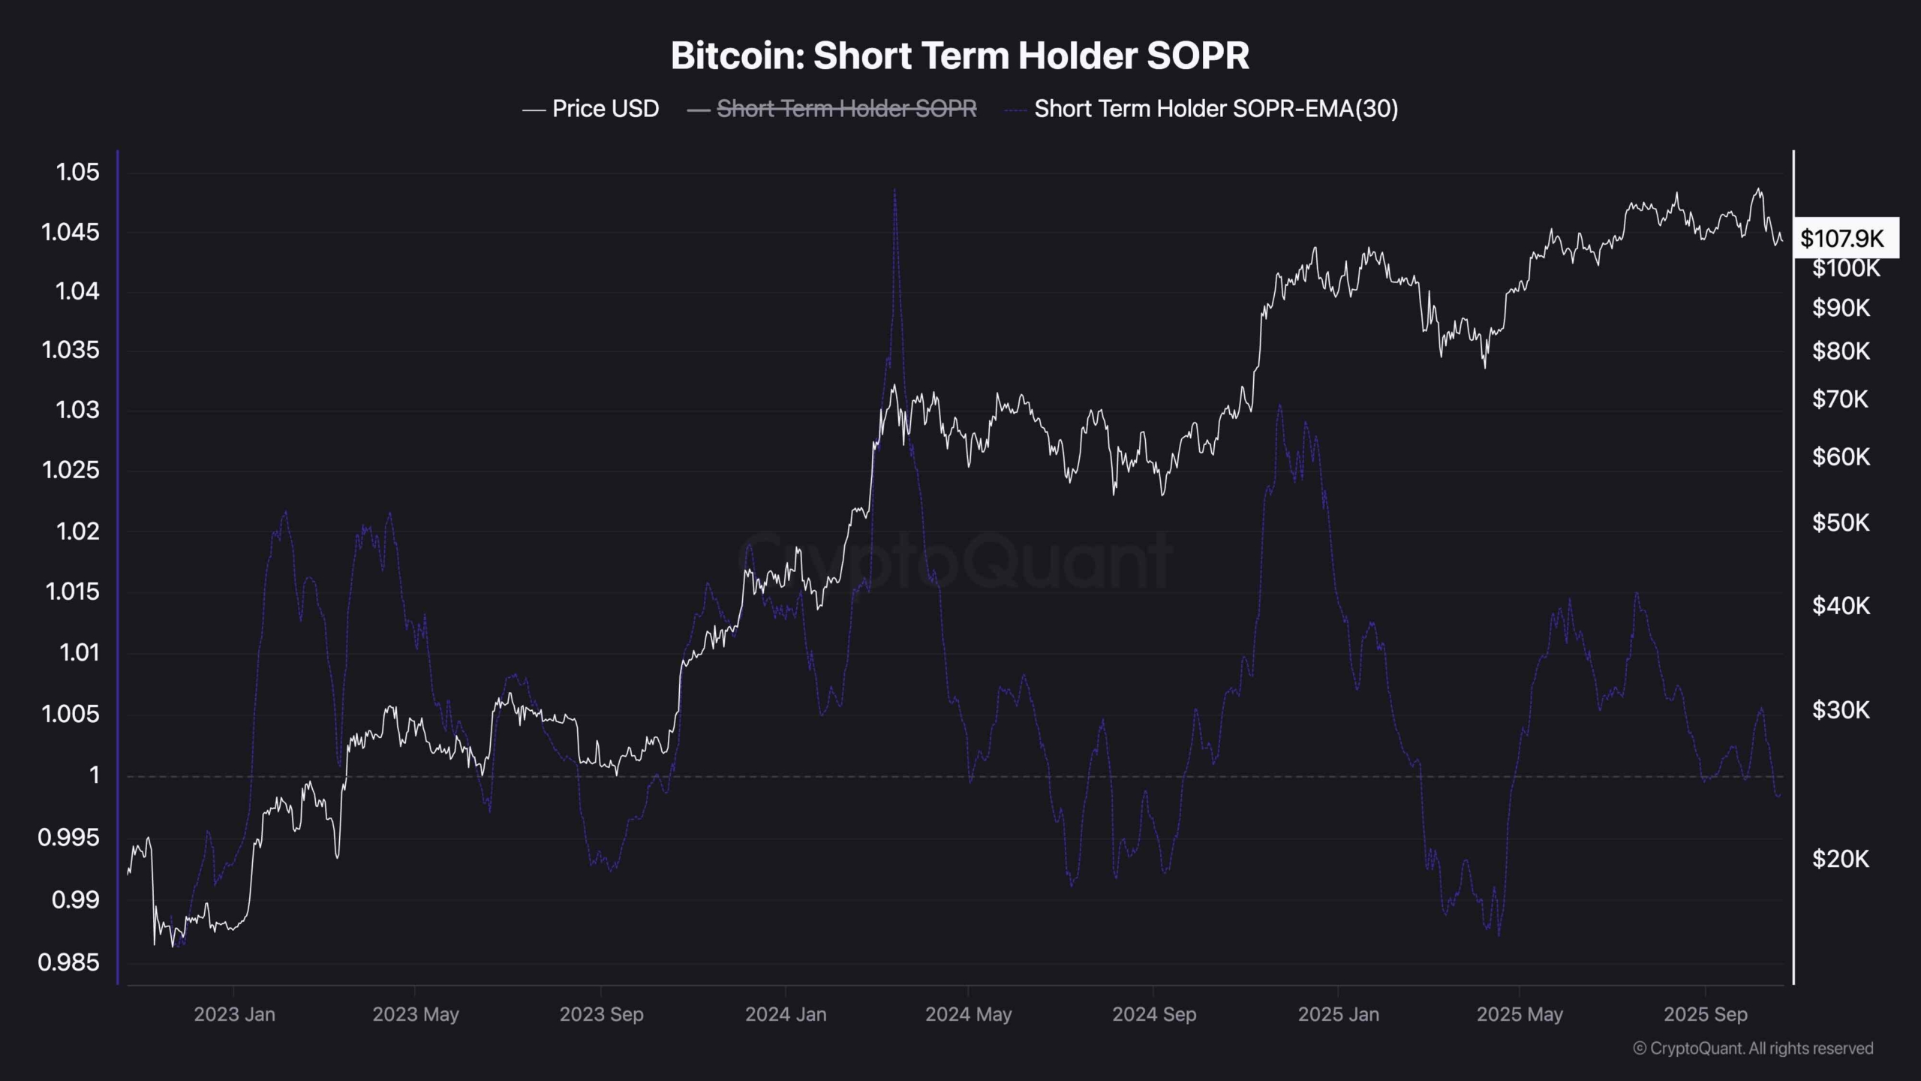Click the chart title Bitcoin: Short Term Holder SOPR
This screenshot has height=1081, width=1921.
960,56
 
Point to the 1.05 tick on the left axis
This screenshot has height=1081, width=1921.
77,172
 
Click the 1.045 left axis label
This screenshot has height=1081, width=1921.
71,232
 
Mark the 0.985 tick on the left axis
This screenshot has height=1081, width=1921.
68,962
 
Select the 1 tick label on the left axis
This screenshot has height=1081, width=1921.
95,774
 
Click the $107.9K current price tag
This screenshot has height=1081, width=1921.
1842,239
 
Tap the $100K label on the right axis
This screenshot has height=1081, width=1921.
1845,268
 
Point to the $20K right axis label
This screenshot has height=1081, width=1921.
1840,858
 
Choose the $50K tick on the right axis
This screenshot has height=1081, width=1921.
1840,522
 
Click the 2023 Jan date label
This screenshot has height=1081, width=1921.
234,1014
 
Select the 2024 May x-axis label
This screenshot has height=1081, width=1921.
968,1014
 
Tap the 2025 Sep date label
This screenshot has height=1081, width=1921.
1705,1014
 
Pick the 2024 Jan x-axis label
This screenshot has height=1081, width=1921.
786,1014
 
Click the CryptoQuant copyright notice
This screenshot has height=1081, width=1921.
1753,1048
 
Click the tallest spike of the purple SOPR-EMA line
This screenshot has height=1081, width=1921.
894,192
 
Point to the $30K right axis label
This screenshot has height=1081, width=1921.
1840,709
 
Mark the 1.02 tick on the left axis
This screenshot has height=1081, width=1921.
77,531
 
